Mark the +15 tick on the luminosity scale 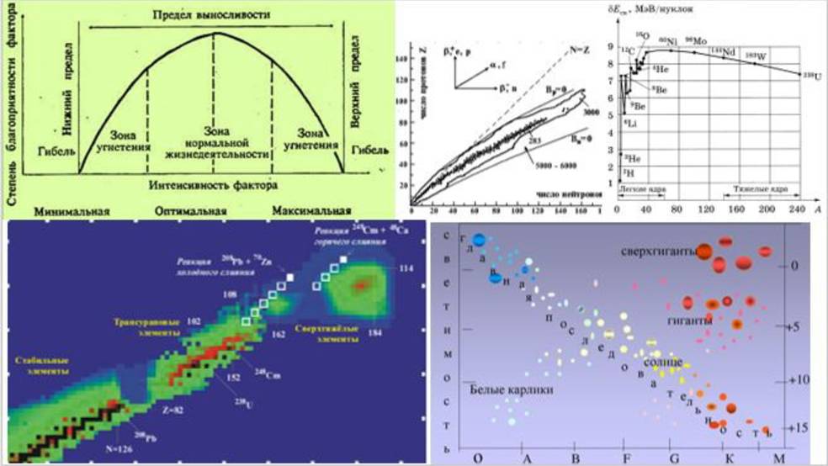[798, 427]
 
